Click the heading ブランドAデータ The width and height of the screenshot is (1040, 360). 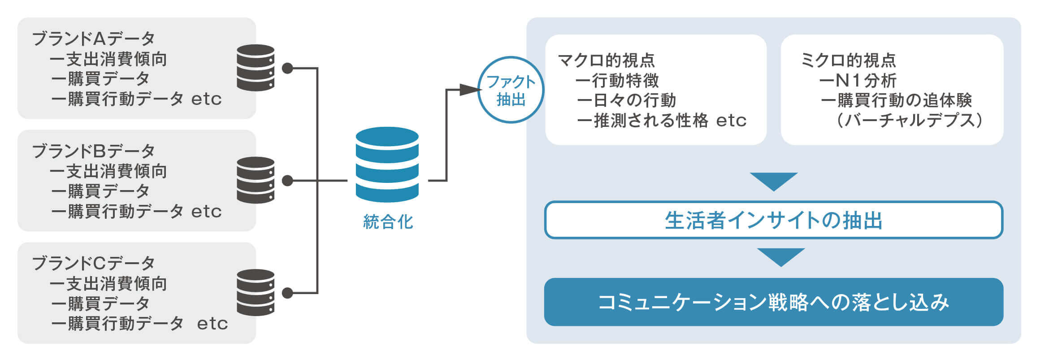click(x=93, y=39)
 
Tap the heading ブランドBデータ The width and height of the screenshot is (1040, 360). click(x=93, y=151)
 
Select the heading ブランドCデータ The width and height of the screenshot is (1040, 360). click(x=93, y=263)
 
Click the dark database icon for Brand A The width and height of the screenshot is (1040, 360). click(x=256, y=68)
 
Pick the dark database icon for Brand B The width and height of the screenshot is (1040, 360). click(x=256, y=180)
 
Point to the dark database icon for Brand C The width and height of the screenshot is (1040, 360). click(x=256, y=293)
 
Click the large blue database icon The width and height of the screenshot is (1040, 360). click(x=387, y=165)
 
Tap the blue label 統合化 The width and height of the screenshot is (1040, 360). click(x=388, y=221)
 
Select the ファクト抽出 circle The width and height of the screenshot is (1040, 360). click(x=511, y=90)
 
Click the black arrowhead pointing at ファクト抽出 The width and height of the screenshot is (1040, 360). click(x=470, y=90)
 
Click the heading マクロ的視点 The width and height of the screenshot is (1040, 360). click(x=606, y=60)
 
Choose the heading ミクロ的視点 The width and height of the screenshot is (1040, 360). click(x=848, y=60)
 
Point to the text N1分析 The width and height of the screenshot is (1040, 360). click(x=866, y=81)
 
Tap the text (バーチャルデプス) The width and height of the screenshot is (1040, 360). click(x=910, y=120)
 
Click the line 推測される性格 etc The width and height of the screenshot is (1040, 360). click(x=670, y=120)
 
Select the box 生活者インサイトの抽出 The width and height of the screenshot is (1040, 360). click(x=774, y=220)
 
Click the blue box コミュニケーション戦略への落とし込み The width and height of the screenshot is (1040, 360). click(x=774, y=302)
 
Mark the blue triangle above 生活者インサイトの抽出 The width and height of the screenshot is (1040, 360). click(x=774, y=180)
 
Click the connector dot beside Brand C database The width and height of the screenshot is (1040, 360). click(x=287, y=293)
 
